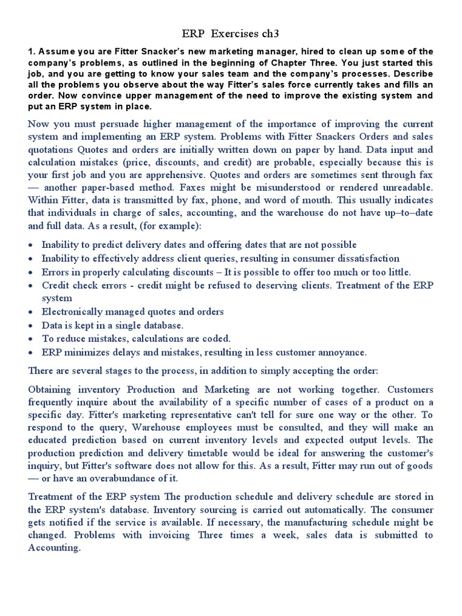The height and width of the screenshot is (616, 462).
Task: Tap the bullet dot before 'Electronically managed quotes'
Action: (x=31, y=312)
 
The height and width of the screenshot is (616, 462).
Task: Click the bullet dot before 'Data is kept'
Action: (x=31, y=325)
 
